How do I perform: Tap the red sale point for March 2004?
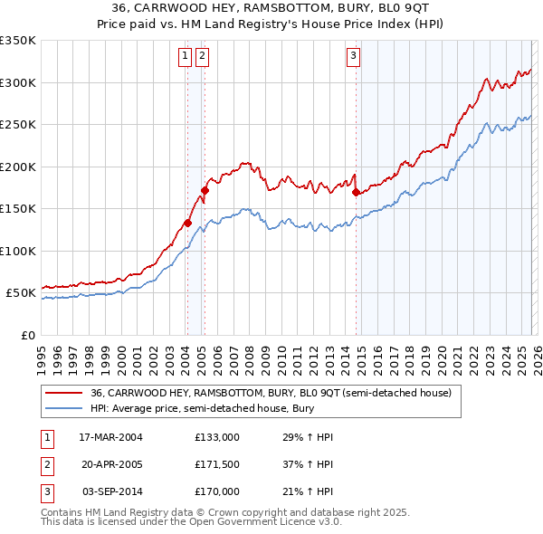pos(188,223)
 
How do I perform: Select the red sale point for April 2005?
pos(205,191)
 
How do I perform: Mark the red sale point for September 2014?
pos(356,192)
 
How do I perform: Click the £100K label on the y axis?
pos(18,251)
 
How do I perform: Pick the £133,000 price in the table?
pos(216,437)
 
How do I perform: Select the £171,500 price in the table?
pos(216,464)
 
